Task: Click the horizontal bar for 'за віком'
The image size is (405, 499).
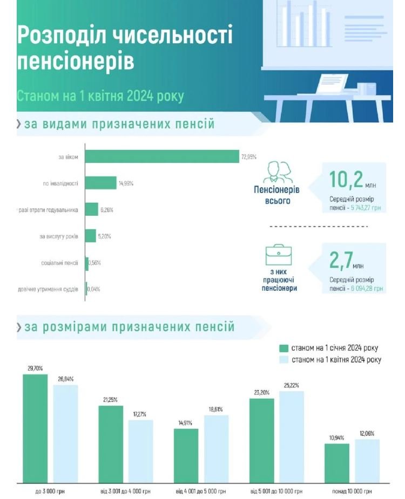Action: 162,156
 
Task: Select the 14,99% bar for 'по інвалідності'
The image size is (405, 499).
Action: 101,183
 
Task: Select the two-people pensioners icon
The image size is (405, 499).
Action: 277,173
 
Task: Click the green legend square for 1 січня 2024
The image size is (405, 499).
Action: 283,347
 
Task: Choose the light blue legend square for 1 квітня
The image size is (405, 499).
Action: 283,360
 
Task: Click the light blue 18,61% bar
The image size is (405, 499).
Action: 216,448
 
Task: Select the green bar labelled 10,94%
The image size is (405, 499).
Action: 337,463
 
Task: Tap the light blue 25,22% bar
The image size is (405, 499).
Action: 292,436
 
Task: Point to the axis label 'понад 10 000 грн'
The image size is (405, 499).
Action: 352,491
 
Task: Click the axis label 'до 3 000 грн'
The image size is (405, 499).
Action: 50,491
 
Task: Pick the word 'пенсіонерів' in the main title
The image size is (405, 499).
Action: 75,61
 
